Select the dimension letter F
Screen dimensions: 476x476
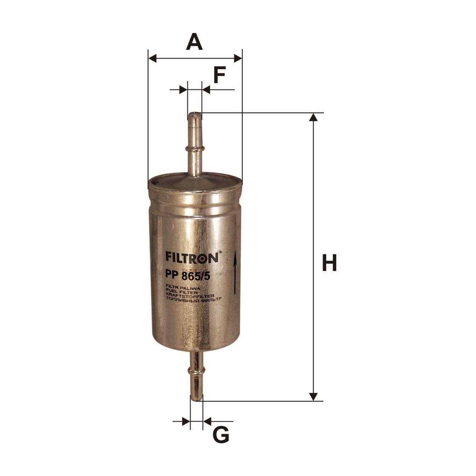(x=220, y=74)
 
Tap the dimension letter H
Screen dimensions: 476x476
(x=329, y=262)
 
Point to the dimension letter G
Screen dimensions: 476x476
(x=221, y=434)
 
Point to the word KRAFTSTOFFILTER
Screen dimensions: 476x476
(x=190, y=295)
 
